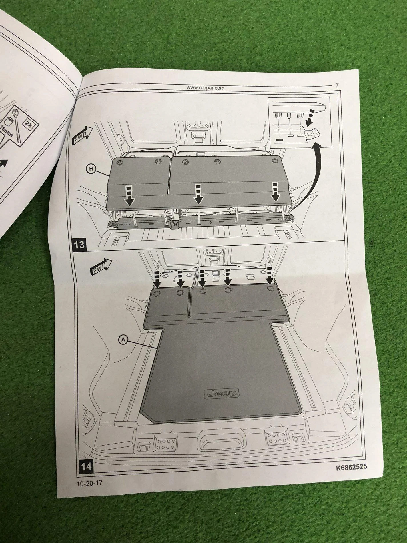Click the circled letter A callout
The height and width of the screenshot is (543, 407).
click(x=123, y=339)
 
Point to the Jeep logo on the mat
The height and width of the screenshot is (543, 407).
click(x=222, y=393)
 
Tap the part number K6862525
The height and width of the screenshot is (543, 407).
click(x=351, y=468)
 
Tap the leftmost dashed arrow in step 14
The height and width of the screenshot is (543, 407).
click(x=157, y=279)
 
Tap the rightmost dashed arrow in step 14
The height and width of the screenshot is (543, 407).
click(x=269, y=277)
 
